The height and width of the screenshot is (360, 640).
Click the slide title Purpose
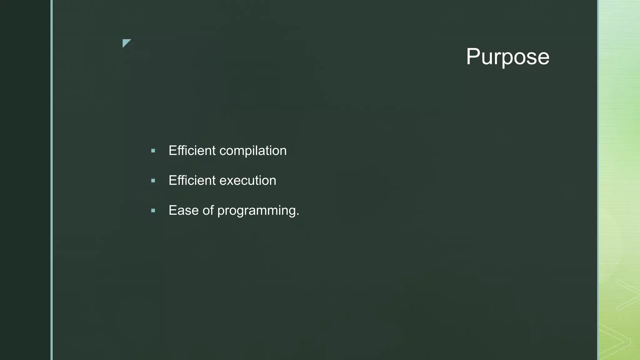coord(507,57)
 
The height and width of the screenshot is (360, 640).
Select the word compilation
coord(253,151)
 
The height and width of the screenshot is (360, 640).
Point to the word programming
coord(256,211)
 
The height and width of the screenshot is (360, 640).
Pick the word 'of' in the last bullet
coord(208,210)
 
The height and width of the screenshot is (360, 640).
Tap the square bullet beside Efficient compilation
coord(153,151)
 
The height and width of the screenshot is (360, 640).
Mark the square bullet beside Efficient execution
coord(153,181)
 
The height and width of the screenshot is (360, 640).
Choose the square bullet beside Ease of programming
coord(153,211)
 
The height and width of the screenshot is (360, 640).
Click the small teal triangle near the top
coord(126,42)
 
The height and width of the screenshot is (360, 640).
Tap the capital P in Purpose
coord(473,57)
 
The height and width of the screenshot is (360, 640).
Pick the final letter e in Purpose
coord(543,58)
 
